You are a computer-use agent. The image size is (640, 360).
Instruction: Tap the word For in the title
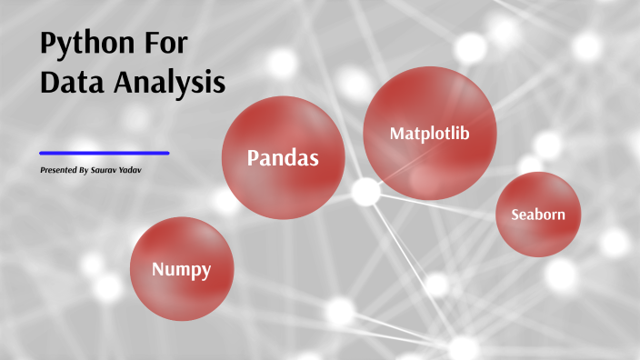pyautogui.click(x=166, y=45)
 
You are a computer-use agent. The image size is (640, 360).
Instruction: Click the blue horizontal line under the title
pyautogui.click(x=105, y=153)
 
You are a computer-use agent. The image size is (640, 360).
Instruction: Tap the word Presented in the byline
pyautogui.click(x=59, y=170)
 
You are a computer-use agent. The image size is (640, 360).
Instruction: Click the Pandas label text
pyautogui.click(x=284, y=158)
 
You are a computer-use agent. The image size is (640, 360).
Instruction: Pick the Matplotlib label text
pyautogui.click(x=430, y=134)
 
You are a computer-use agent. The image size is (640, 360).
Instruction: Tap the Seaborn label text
pyautogui.click(x=538, y=215)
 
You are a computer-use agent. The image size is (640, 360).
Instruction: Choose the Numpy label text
pyautogui.click(x=182, y=269)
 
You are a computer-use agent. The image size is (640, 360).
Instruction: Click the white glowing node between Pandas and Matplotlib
pyautogui.click(x=365, y=191)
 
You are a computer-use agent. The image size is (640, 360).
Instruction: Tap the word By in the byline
pyautogui.click(x=84, y=170)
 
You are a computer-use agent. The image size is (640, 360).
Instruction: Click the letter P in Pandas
pyautogui.click(x=255, y=158)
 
